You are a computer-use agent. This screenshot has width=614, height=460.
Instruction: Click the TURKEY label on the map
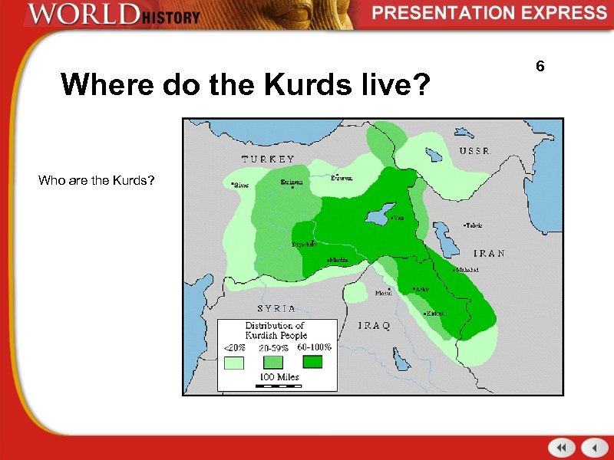tap(268, 159)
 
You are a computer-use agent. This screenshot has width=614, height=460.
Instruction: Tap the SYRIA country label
tap(276, 308)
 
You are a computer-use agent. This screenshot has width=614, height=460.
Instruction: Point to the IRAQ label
tap(375, 325)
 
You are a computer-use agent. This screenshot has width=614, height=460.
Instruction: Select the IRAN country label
tap(488, 253)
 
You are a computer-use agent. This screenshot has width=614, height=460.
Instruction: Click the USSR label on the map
tap(475, 151)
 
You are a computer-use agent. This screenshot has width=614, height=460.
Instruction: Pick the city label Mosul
tap(382, 293)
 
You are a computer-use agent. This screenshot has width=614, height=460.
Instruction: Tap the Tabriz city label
tap(474, 225)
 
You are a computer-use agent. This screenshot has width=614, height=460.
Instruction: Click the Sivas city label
tap(240, 185)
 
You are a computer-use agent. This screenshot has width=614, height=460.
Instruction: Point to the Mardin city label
tap(338, 261)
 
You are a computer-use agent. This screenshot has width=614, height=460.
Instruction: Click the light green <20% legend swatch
tap(233, 364)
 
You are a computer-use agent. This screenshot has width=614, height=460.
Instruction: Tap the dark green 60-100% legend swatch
tap(312, 361)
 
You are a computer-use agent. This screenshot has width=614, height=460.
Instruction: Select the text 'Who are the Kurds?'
tap(97, 181)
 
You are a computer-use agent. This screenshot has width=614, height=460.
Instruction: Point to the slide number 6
tap(540, 67)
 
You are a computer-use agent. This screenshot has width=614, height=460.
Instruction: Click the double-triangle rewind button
tap(562, 447)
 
